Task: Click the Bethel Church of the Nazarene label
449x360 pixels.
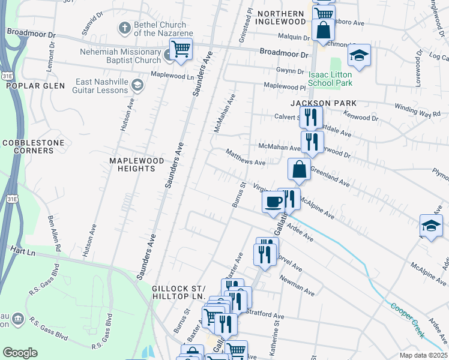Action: (x=159, y=29)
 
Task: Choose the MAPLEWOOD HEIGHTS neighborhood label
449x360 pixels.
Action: (x=133, y=164)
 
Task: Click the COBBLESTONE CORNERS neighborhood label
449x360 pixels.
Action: (x=28, y=146)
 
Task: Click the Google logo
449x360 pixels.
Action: (x=20, y=353)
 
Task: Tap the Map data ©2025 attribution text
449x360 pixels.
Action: (x=423, y=355)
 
